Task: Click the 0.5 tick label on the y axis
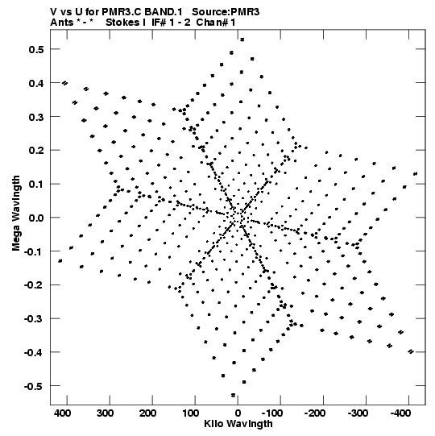(x=36, y=49)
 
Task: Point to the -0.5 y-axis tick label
(x=34, y=386)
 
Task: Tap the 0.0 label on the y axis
(x=36, y=218)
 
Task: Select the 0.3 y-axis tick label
(x=36, y=117)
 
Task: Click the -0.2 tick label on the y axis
(x=34, y=285)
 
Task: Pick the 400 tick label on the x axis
(x=62, y=413)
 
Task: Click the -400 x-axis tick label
(x=400, y=413)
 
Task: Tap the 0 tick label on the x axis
(x=238, y=413)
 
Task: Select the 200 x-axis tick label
(x=147, y=413)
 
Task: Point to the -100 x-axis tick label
(x=272, y=413)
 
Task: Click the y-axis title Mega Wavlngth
(x=16, y=214)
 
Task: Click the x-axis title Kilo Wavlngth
(x=238, y=424)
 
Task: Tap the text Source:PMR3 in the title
(x=226, y=12)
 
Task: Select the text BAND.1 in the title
(x=164, y=12)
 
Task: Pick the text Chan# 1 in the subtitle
(x=216, y=23)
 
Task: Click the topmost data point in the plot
(x=242, y=39)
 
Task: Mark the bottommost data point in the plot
(x=233, y=395)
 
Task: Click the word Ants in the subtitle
(x=61, y=23)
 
